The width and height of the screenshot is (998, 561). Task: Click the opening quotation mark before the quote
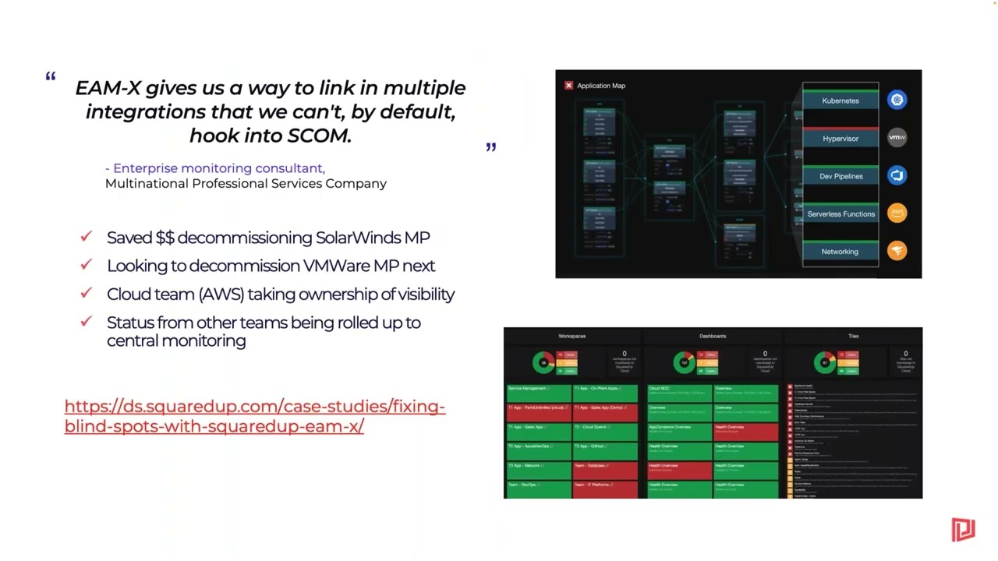(x=51, y=76)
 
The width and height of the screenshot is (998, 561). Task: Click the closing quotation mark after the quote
(x=490, y=146)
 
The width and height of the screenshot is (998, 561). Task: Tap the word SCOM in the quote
(x=319, y=136)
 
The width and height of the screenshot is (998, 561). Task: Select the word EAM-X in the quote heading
(x=108, y=88)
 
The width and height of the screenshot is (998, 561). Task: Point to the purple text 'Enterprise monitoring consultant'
(x=218, y=168)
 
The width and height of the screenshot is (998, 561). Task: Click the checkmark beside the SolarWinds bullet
(x=87, y=236)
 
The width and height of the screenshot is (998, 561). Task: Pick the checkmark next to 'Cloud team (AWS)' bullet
(x=87, y=293)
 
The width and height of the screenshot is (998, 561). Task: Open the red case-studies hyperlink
(x=254, y=416)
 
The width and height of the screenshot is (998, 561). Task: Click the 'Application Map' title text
(x=601, y=86)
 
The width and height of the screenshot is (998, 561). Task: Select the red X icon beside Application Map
(x=568, y=86)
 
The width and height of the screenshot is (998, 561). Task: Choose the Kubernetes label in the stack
(x=841, y=101)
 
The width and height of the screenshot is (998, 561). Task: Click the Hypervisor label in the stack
(x=841, y=139)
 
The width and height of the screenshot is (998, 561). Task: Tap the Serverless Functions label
(x=841, y=213)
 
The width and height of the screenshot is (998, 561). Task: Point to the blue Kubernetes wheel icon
(x=897, y=100)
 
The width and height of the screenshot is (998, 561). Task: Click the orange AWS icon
(x=897, y=213)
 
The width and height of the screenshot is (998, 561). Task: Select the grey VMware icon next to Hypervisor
(x=897, y=138)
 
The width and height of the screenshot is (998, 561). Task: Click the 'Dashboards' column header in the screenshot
(x=713, y=336)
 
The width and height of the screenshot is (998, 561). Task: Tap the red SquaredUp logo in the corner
(x=963, y=529)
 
